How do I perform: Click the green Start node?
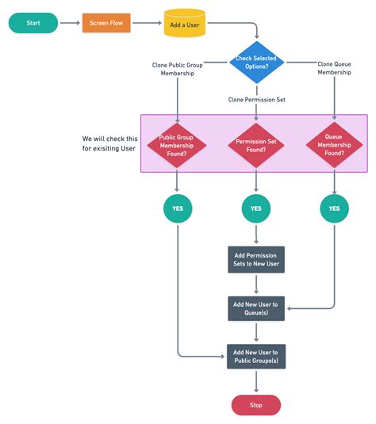coord(33,23)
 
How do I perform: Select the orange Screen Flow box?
coord(107,23)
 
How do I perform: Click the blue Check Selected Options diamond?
coord(256,61)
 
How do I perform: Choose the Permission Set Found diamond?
coord(256,143)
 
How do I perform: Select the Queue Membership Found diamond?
coord(333,143)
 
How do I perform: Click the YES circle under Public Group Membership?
coord(178,209)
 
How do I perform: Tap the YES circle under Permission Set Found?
coord(256,209)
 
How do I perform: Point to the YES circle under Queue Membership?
coord(333,209)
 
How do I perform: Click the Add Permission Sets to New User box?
coord(256,259)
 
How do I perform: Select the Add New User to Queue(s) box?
coord(256,307)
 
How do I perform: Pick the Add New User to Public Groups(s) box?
coord(256,356)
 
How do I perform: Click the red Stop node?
coord(256,404)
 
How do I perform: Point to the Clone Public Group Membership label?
coord(178,69)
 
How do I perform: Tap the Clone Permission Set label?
coord(256,100)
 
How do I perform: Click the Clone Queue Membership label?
coord(334,67)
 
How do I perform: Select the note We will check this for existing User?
coord(109,143)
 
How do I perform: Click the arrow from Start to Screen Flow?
coord(70,23)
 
